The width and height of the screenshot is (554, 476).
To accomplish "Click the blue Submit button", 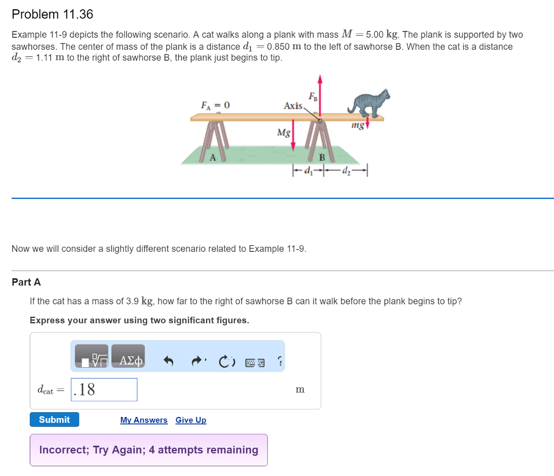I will tap(54, 420).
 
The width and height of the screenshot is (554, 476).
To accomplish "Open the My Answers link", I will tap(143, 420).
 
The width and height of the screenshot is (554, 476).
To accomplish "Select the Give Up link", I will tap(190, 420).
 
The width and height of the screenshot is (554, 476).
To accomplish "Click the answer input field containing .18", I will tap(104, 389).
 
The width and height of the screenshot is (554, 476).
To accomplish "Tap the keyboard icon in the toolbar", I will tap(254, 361).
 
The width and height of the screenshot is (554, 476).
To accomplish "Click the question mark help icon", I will tap(279, 361).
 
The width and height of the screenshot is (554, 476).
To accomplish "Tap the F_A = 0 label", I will tap(215, 105).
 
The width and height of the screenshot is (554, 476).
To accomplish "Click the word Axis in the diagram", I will tap(293, 106).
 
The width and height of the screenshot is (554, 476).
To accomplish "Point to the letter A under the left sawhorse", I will tap(213, 158).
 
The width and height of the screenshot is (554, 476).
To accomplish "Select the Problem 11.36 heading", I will tap(52, 15).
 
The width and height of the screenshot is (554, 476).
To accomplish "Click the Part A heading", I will tap(26, 282).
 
